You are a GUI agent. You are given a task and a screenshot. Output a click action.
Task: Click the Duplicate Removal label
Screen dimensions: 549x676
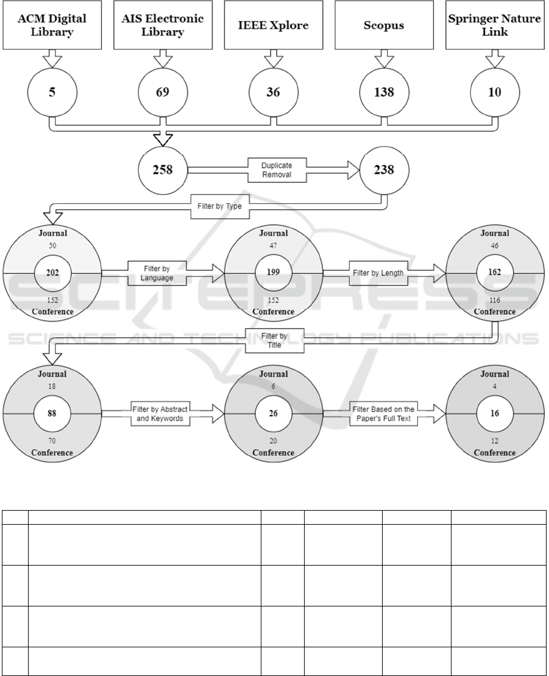(x=277, y=170)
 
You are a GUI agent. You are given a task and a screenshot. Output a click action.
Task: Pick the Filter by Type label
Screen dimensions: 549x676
(x=219, y=206)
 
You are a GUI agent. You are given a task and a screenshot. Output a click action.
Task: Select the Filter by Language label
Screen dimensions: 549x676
(x=157, y=273)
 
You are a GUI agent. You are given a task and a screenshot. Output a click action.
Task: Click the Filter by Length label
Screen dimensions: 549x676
(x=378, y=273)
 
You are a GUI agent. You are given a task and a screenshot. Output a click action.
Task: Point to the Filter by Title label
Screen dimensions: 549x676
(x=274, y=340)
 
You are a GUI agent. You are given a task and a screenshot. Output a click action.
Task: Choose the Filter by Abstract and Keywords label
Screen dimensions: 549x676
(x=160, y=414)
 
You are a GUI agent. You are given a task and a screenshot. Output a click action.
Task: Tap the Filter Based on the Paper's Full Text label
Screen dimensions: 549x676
(x=384, y=414)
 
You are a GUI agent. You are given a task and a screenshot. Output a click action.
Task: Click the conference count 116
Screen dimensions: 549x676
(x=495, y=300)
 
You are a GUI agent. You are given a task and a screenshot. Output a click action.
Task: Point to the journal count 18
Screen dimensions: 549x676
(x=52, y=386)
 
